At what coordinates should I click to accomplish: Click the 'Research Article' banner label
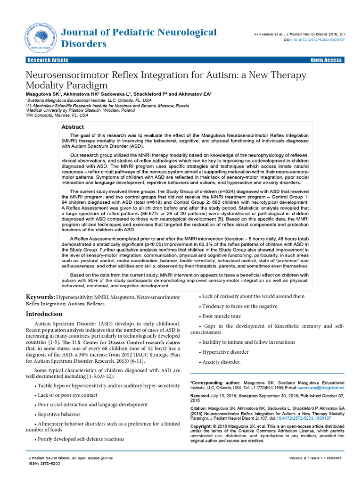[48, 60]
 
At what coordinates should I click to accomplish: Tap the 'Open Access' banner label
[326, 60]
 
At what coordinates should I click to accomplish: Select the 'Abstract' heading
[73, 127]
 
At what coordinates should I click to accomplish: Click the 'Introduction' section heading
[44, 314]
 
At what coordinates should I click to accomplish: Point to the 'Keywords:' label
[41, 297]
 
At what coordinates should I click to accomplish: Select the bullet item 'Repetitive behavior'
[58, 414]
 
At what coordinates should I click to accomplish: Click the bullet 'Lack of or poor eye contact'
[67, 395]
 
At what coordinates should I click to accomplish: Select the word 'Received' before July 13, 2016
[200, 395]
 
